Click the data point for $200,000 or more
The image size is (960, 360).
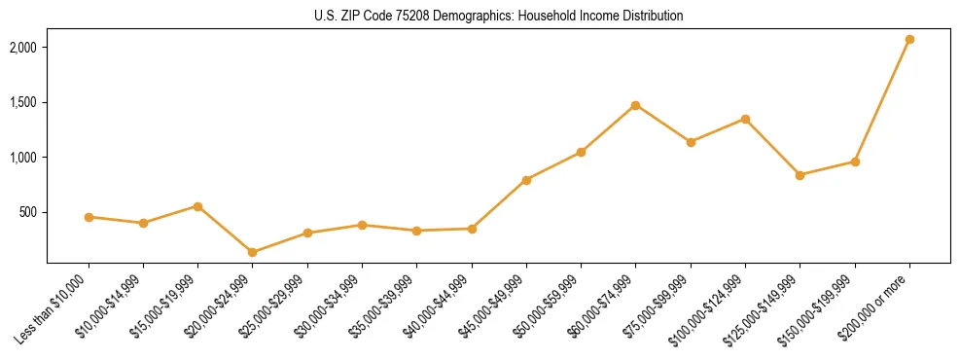coord(909,40)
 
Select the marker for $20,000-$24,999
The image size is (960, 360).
coord(253,252)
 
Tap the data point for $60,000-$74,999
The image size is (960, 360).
coord(635,105)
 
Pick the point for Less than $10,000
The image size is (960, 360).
coord(89,217)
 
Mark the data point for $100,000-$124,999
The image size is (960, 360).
coord(745,119)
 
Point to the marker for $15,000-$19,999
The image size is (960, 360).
coord(197,206)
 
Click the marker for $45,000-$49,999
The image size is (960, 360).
coord(526,180)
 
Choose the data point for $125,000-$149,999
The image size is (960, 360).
coord(800,175)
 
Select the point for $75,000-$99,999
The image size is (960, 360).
coord(691,142)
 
